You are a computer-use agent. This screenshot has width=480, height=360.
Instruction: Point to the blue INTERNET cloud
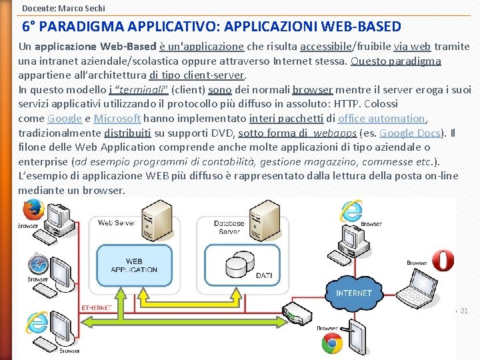click(x=354, y=291)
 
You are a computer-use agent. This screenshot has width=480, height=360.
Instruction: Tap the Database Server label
click(x=229, y=227)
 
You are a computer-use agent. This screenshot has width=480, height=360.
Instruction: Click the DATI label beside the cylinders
click(x=263, y=275)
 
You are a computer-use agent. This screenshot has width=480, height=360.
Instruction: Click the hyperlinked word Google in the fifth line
click(x=65, y=119)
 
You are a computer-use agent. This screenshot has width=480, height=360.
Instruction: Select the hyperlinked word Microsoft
click(x=117, y=119)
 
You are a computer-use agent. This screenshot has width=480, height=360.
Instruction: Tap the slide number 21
click(x=465, y=311)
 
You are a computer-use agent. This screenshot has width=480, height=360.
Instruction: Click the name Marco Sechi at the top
click(x=83, y=8)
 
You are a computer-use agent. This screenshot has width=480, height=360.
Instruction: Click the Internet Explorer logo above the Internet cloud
click(x=351, y=211)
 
